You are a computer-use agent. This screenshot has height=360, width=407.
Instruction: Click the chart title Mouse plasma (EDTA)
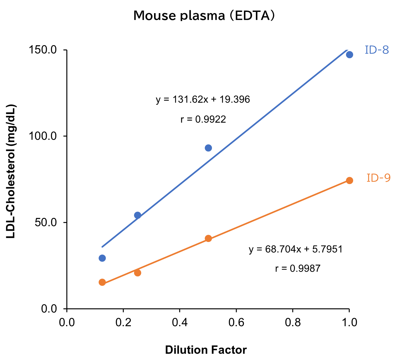[204, 15]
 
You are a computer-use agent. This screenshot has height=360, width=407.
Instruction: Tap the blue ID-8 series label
[377, 50]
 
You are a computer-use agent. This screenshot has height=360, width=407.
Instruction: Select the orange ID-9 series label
[379, 178]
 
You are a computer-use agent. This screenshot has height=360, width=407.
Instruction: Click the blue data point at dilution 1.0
[349, 55]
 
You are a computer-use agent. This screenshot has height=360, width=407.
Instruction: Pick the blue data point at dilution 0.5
[208, 148]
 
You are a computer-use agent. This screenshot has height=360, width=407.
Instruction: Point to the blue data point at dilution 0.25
[137, 215]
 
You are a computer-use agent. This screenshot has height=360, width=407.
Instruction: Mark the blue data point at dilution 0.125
[102, 258]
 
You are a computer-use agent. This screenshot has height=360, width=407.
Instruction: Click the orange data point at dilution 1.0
[349, 180]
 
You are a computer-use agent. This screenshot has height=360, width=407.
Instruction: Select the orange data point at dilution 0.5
[208, 238]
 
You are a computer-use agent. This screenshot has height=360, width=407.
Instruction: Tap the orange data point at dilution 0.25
[137, 273]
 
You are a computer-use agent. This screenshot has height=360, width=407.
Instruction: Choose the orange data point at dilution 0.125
[102, 282]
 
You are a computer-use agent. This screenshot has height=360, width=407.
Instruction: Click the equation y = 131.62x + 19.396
[203, 100]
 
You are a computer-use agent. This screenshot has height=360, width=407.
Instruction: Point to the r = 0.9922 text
[203, 119]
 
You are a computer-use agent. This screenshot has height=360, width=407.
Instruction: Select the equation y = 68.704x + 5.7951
[296, 249]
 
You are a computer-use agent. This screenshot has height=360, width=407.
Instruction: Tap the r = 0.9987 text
[298, 269]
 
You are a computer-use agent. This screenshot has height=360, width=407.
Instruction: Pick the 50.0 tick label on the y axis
[45, 223]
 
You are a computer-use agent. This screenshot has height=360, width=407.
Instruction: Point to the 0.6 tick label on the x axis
[236, 322]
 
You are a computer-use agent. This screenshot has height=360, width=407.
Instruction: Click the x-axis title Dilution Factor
[206, 350]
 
